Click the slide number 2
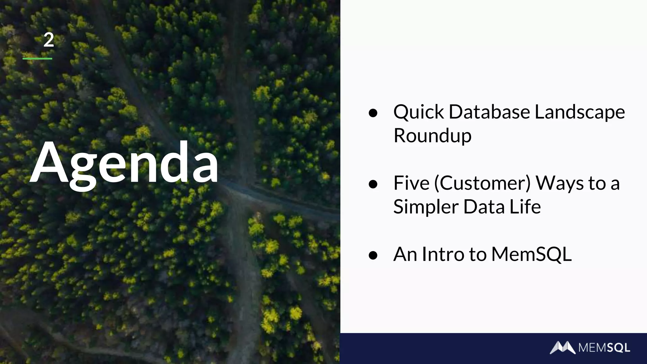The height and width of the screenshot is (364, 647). [49, 40]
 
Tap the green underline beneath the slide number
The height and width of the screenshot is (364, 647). [37, 58]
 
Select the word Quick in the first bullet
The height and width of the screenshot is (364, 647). [419, 112]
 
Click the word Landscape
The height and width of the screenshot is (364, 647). [579, 112]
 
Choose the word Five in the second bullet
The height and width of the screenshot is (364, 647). [411, 183]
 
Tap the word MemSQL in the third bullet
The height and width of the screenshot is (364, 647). [531, 254]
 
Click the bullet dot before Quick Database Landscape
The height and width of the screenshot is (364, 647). [373, 113]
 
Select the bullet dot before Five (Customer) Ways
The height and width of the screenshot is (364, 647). [373, 184]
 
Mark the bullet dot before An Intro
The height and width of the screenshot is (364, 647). [373, 255]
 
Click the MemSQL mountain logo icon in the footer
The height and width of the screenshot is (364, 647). [562, 348]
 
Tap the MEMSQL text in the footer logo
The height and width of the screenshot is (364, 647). [604, 348]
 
